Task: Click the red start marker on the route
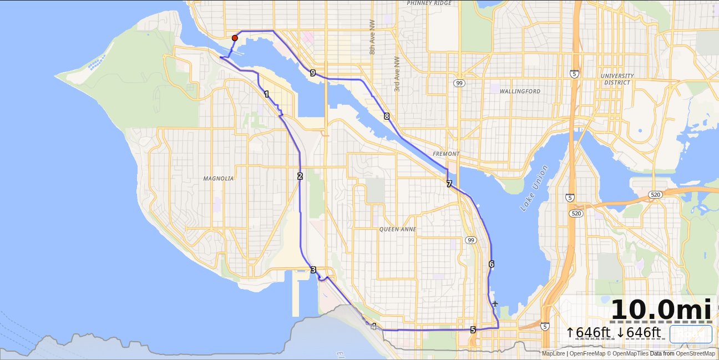click(235, 38)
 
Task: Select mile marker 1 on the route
click(267, 94)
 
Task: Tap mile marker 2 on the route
click(300, 176)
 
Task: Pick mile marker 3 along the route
click(313, 270)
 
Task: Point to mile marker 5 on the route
click(473, 329)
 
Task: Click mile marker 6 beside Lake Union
click(492, 264)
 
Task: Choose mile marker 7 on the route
click(449, 184)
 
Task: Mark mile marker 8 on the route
click(387, 116)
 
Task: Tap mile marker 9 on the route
click(313, 73)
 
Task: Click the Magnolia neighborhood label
click(218, 179)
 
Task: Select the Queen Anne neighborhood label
click(397, 229)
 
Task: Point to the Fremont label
click(446, 154)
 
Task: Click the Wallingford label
click(519, 91)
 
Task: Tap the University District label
click(617, 79)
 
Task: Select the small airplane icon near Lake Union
click(495, 303)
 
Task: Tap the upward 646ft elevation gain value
click(588, 333)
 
